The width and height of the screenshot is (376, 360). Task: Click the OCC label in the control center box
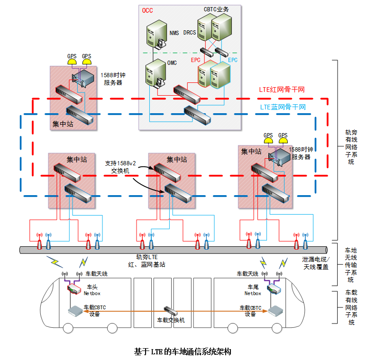pos(147,10)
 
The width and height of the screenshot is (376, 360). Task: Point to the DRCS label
pos(189,33)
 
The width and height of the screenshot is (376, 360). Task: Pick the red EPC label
pos(195,60)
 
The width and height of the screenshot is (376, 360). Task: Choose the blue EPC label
pos(233,60)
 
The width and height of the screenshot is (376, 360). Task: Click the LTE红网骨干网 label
pos(282,90)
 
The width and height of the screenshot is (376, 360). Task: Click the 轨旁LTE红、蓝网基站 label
pos(150,261)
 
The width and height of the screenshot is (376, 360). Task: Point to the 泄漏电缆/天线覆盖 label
pos(315,263)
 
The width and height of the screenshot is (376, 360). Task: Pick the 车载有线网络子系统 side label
pos(351,307)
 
